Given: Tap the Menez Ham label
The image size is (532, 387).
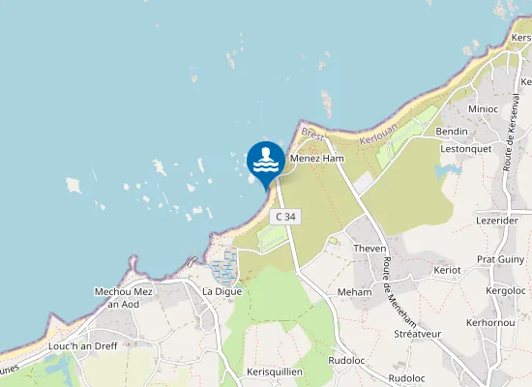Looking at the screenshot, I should click(316, 158).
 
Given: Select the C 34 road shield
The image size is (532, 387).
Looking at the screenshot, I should click(284, 217).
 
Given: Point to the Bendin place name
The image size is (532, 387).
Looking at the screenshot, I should click(452, 131).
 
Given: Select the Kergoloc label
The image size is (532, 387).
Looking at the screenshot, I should click(506, 290).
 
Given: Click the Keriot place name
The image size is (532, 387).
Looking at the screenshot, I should click(448, 269).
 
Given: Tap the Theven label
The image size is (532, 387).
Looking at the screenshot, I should click(369, 249).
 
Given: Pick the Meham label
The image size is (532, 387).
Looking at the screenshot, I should click(354, 291).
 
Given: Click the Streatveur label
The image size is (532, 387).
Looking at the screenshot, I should click(417, 334).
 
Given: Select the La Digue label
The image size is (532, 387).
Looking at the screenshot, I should click(221, 291).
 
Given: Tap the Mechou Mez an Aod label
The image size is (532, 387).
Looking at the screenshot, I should click(124, 297).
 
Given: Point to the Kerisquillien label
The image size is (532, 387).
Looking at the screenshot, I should click(275, 372).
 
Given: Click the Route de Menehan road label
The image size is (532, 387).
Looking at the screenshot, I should click(391, 270).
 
